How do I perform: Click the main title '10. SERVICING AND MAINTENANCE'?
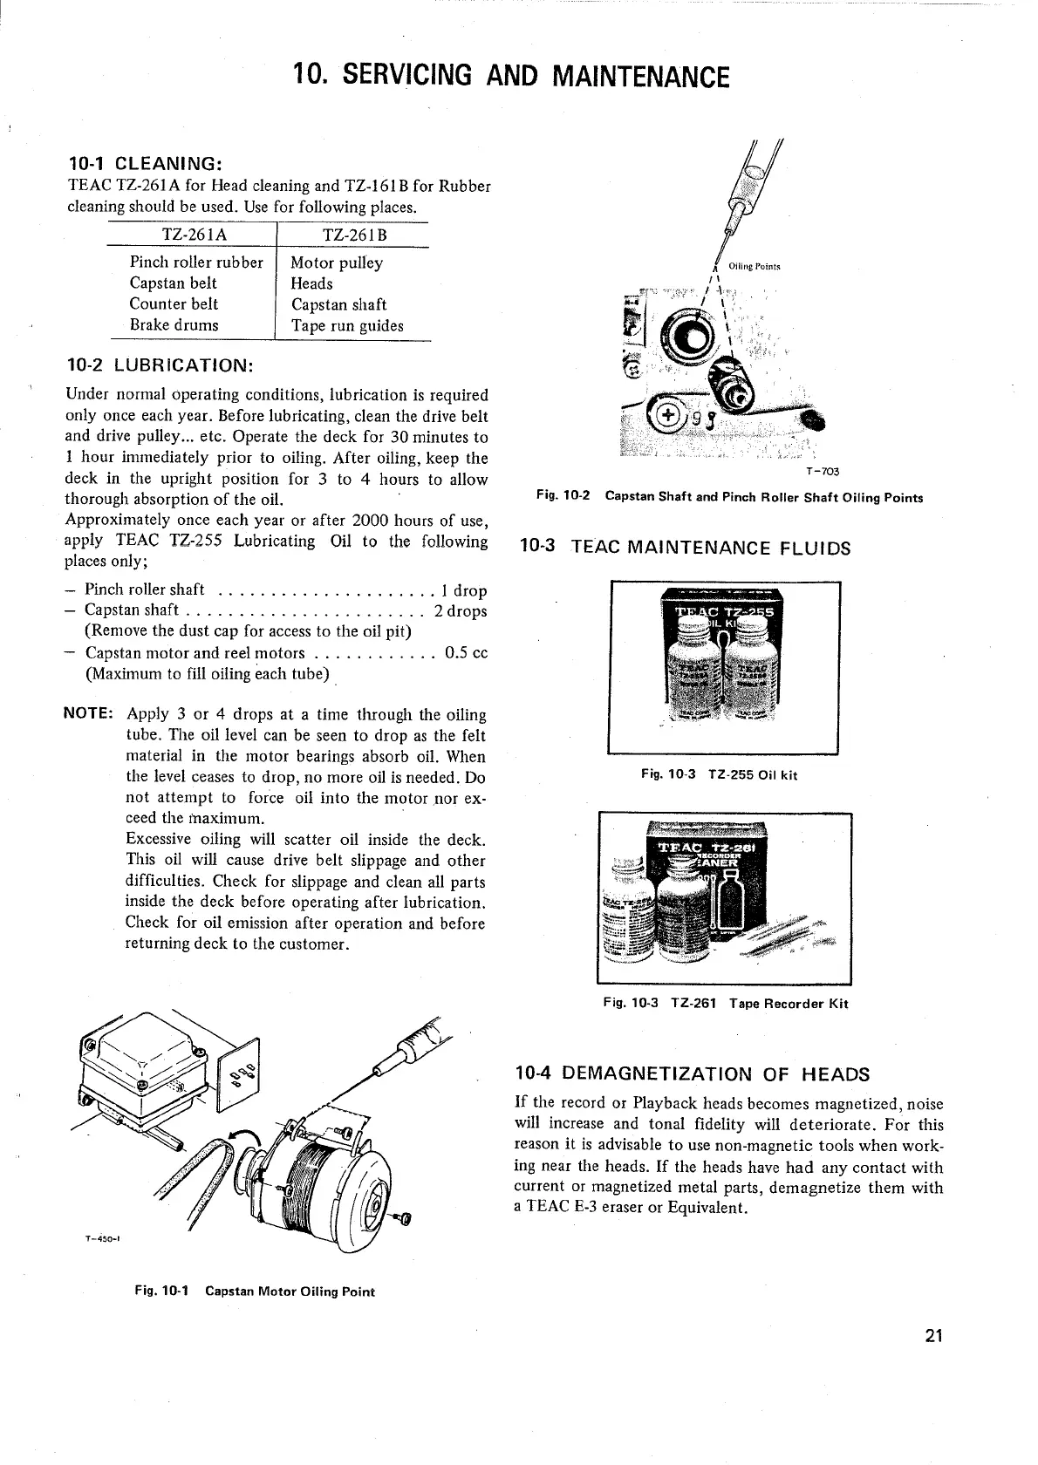point(511,76)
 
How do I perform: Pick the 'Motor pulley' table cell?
point(337,262)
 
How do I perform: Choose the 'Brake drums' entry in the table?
point(174,325)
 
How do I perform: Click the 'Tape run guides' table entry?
point(347,326)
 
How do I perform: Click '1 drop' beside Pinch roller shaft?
point(464,590)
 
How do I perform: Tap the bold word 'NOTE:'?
point(90,715)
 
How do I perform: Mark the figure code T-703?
point(823,472)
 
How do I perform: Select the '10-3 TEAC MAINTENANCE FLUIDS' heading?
point(685,549)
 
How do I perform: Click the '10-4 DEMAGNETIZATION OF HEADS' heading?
point(693,1073)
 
